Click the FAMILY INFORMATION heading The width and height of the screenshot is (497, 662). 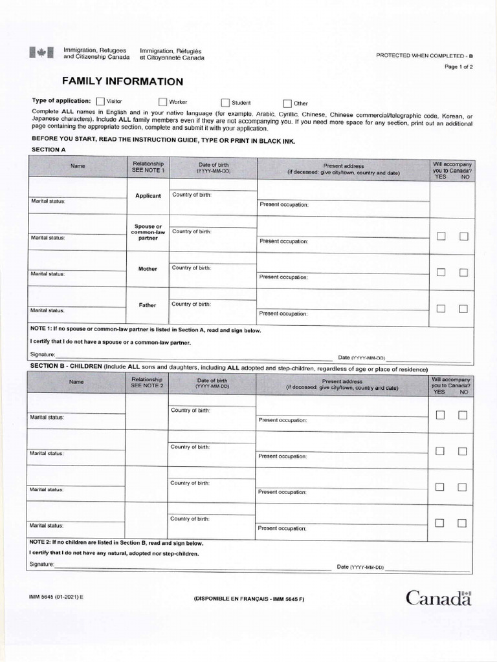122,81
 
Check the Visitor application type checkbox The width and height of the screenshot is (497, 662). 100,101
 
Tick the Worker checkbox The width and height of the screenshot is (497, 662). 162,101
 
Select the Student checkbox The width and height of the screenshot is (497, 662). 225,102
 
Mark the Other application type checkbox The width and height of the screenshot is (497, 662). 287,103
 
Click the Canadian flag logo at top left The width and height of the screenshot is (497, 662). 37,54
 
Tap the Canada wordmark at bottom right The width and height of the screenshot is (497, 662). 439,598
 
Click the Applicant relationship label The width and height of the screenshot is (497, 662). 148,196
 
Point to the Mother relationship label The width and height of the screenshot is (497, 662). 148,269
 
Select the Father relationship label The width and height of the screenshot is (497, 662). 148,305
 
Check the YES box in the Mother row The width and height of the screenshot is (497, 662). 441,272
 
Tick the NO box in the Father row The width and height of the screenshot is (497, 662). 463,308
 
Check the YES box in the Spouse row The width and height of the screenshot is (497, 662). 441,236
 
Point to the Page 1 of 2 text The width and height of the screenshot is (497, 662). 459,67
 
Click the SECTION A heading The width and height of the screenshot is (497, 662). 49,149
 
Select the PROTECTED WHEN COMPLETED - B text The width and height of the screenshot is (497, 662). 425,55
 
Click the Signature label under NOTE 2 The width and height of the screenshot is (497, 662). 42,565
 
